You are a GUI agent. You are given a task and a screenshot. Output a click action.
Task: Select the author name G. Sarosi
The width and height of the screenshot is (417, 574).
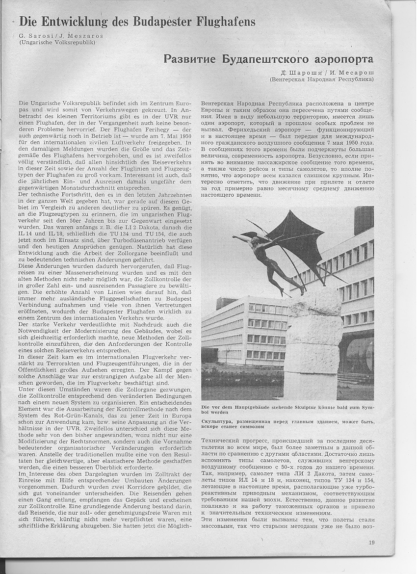(34, 35)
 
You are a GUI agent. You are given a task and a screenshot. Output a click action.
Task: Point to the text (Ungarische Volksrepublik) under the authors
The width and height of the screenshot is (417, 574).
(57, 42)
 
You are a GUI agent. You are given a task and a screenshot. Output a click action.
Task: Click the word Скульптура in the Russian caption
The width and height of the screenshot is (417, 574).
(219, 421)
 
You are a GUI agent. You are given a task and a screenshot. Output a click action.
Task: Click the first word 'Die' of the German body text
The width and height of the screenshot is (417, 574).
(23, 104)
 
